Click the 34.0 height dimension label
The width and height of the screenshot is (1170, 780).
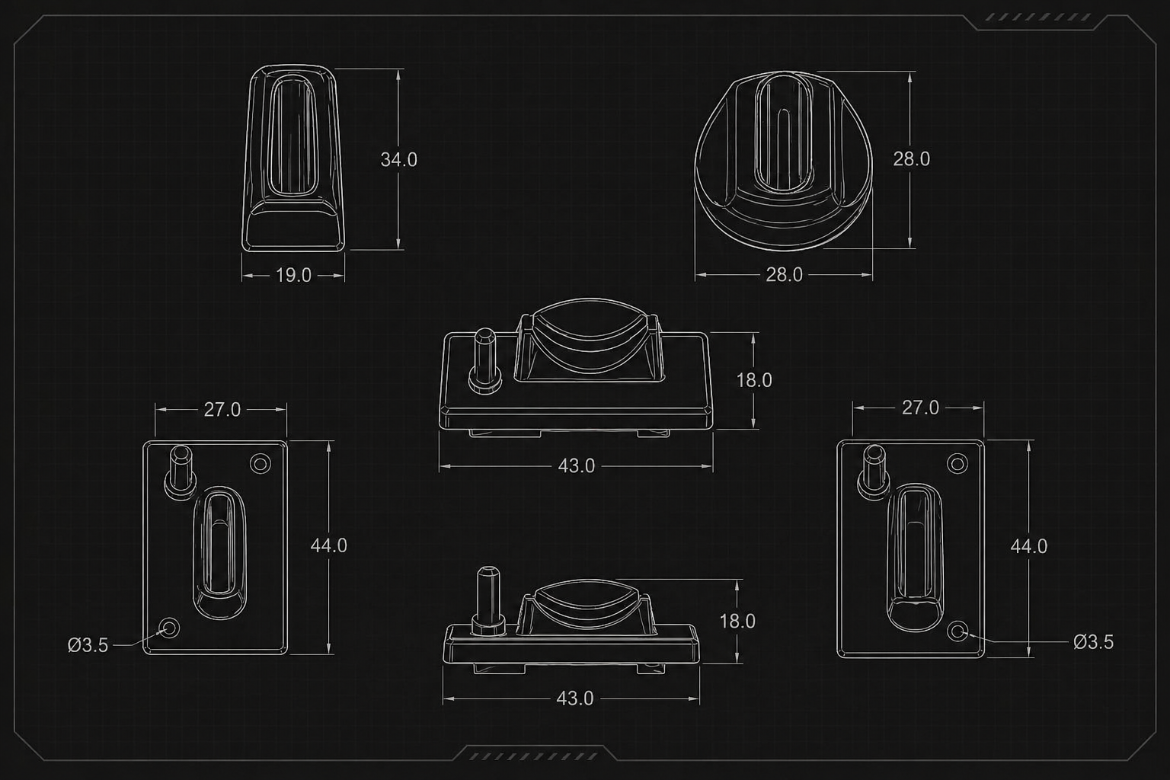tap(398, 160)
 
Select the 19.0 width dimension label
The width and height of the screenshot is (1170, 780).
tap(293, 275)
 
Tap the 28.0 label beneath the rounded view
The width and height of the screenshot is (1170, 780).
tap(784, 275)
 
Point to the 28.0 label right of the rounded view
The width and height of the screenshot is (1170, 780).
tap(912, 159)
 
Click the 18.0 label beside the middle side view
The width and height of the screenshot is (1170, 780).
tap(753, 380)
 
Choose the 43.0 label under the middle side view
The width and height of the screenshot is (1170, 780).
tap(576, 466)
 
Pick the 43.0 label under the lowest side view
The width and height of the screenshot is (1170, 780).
tap(575, 698)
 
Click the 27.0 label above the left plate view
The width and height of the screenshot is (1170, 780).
tap(222, 410)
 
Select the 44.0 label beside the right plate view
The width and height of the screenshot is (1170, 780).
tap(1028, 546)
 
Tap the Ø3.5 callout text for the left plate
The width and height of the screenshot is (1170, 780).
tap(88, 646)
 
